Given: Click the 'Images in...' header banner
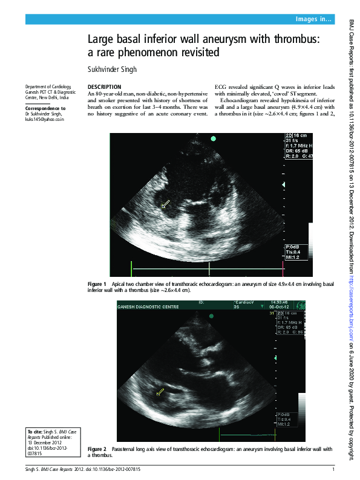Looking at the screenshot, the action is (x=313, y=20).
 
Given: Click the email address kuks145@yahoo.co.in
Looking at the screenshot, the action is (x=44, y=119).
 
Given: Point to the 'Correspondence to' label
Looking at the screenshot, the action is (x=45, y=108).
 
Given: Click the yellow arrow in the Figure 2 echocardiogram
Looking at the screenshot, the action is (x=160, y=392).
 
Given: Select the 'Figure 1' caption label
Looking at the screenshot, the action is (x=97, y=284).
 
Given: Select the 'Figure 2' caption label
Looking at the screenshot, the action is (x=97, y=449).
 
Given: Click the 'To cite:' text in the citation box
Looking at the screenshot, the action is (x=36, y=432).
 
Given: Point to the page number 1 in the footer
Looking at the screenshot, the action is (x=333, y=469).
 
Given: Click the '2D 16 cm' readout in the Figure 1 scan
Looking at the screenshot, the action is (x=296, y=136).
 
